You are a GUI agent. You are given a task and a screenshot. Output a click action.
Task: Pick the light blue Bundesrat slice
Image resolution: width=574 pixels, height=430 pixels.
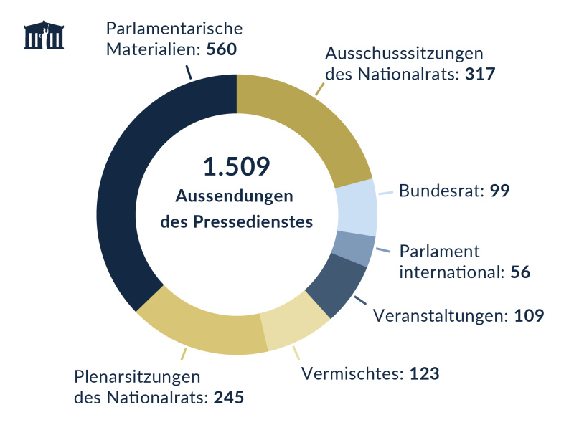tap(357, 207)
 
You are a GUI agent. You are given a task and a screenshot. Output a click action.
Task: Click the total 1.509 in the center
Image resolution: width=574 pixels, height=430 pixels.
tap(236, 167)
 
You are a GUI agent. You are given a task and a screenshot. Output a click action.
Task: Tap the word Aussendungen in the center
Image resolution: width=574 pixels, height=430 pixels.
tap(236, 196)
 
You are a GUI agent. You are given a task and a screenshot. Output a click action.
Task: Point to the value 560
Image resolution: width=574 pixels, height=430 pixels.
tap(221, 51)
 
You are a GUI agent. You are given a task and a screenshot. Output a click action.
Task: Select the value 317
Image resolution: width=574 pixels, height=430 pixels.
tap(479, 74)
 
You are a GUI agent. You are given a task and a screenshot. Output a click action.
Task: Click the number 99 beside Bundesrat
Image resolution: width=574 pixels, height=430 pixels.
tap(500, 191)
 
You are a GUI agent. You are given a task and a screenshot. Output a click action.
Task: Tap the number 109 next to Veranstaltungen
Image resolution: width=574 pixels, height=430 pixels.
tap(530, 315)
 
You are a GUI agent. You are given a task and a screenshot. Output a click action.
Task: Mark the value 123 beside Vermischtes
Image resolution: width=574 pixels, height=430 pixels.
tap(424, 373)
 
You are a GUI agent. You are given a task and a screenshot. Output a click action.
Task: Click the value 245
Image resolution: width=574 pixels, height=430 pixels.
tap(229, 397)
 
